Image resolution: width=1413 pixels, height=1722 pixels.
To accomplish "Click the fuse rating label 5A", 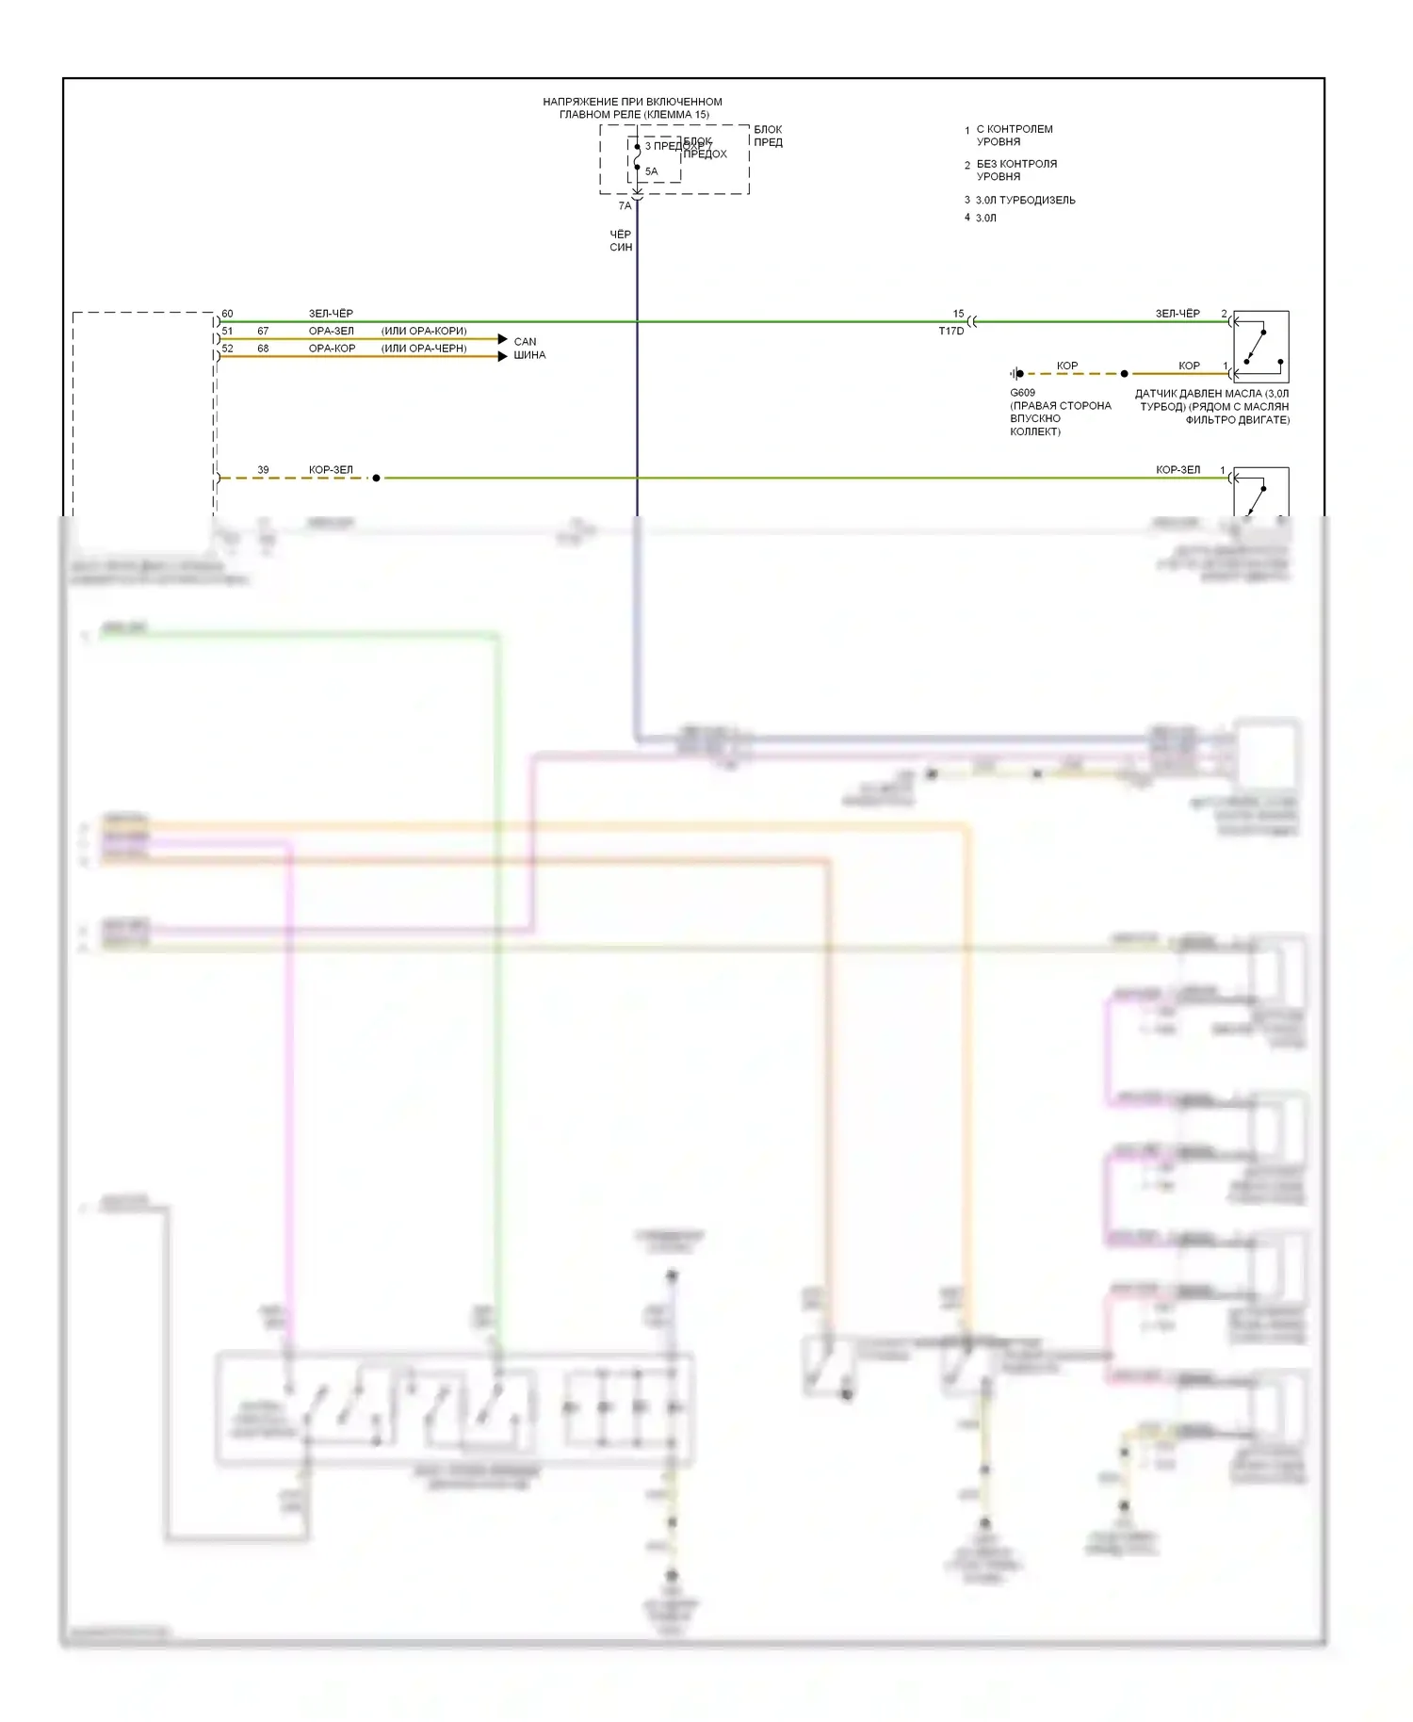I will click(x=651, y=171).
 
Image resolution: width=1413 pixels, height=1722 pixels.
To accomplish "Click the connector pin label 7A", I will click(x=625, y=205).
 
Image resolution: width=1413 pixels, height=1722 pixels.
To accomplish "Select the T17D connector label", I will click(x=950, y=332).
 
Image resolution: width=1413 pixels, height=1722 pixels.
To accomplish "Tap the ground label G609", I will click(x=1022, y=393).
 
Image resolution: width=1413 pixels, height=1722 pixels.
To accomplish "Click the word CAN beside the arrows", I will click(x=525, y=342).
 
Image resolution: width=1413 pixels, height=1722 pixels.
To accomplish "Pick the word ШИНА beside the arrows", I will click(x=529, y=355).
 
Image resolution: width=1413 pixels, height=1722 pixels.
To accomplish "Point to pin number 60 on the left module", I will click(x=227, y=314).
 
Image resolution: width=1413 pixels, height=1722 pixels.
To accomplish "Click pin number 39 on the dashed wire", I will click(x=263, y=469).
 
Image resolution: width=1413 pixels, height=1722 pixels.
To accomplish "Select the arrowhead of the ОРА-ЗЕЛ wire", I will click(x=502, y=339).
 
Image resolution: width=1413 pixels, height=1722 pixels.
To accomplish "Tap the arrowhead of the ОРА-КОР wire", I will click(x=502, y=356).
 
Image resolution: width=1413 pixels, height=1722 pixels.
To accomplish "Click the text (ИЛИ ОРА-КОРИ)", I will click(x=424, y=331).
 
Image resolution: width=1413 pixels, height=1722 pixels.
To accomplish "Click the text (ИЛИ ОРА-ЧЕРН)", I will click(x=424, y=349).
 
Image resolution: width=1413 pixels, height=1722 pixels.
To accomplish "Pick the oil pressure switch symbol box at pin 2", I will click(x=1260, y=347).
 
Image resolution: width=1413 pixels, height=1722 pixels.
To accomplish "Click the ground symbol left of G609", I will click(x=1016, y=374).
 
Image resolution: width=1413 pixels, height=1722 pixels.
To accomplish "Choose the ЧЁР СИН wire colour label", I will click(x=621, y=241).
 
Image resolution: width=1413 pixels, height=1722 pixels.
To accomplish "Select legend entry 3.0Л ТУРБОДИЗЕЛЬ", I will click(x=1025, y=201).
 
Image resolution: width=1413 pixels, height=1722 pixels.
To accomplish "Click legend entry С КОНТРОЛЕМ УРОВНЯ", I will click(x=1014, y=136).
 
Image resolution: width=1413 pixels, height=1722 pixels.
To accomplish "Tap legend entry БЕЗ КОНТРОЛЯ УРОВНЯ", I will click(x=1015, y=171).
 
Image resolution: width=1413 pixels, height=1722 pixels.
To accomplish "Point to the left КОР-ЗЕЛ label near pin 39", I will click(x=331, y=469).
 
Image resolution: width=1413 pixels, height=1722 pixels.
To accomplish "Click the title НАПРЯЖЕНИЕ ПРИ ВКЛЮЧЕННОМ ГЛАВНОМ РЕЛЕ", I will click(x=633, y=108).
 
